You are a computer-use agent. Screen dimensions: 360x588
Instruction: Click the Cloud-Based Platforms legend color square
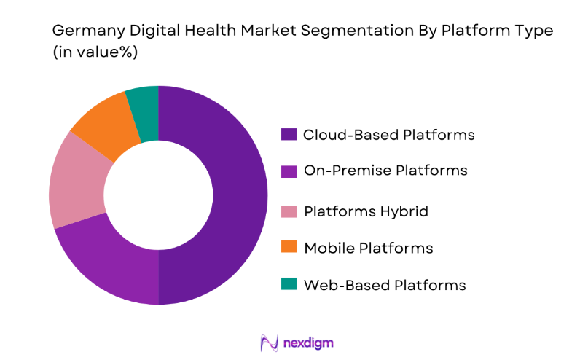click(289, 134)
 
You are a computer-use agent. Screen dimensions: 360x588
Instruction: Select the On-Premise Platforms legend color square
click(289, 171)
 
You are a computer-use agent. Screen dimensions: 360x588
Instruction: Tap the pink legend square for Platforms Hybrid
click(289, 211)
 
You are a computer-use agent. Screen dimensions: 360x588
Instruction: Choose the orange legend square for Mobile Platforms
click(289, 249)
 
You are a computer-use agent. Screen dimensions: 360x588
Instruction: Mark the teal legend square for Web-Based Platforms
click(289, 285)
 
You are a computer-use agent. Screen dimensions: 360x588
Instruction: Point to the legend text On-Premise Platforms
click(385, 171)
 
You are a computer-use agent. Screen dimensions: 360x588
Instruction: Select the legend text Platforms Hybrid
click(365, 211)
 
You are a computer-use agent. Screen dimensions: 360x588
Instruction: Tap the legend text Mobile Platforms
click(368, 249)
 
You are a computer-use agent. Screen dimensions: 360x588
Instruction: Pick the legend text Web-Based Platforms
click(384, 285)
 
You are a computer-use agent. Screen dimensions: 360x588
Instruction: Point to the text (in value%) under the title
click(95, 52)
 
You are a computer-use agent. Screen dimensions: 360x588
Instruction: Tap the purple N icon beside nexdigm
click(269, 343)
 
